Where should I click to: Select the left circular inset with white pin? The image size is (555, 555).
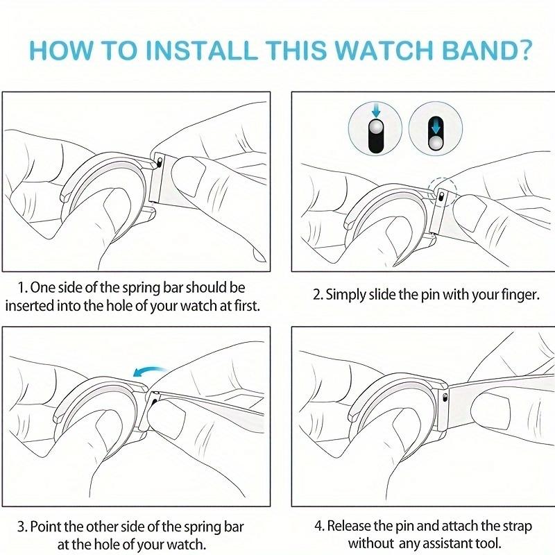tap(375, 129)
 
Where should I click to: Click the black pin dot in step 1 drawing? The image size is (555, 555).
tap(160, 164)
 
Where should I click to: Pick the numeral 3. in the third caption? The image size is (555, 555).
tap(24, 528)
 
